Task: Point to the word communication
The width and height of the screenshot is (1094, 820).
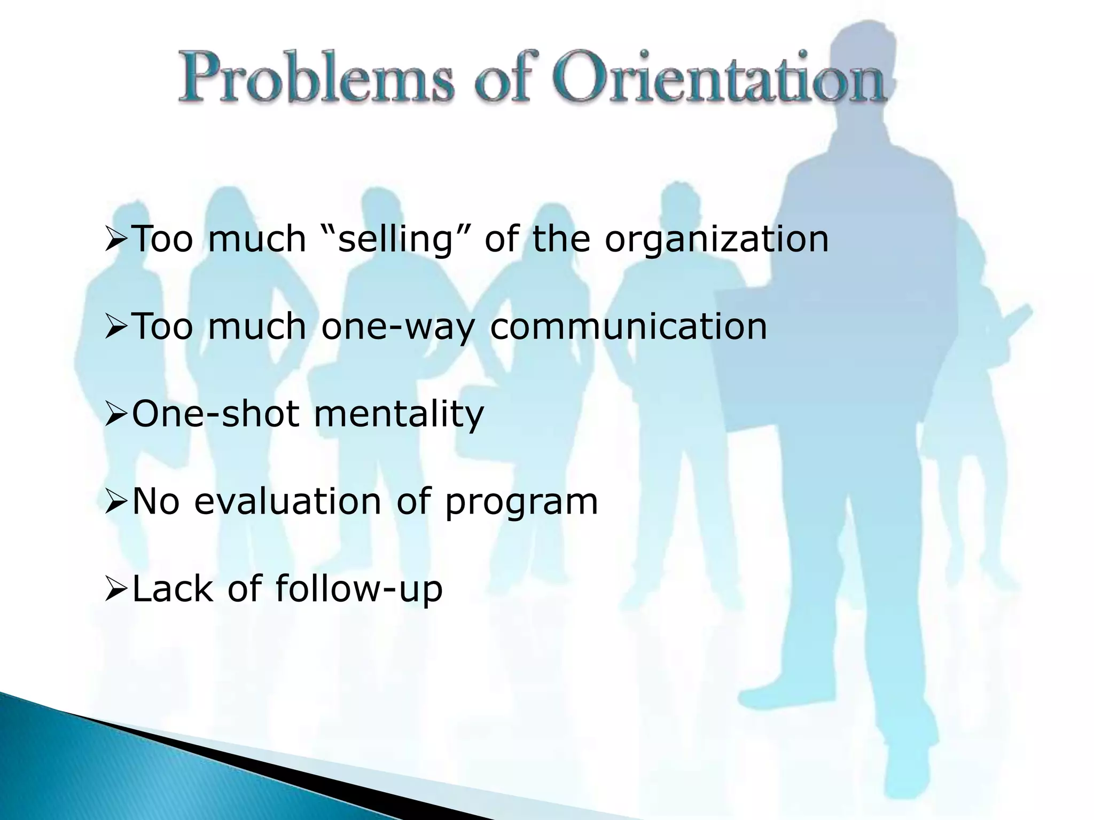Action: tap(628, 327)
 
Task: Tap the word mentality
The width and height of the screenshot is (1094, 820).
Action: tap(398, 414)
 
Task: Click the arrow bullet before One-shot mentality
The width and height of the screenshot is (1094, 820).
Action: tap(115, 415)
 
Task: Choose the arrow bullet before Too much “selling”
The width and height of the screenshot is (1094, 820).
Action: tap(115, 240)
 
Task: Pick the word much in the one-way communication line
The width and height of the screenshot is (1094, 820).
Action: tap(257, 327)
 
